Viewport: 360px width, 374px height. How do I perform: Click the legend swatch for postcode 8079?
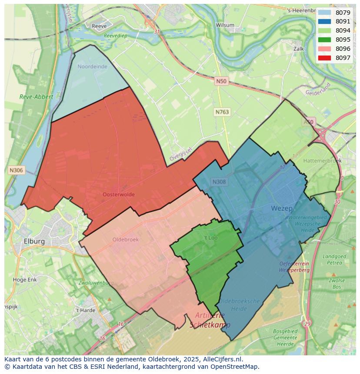point(324,13)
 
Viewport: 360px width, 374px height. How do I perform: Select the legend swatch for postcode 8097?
point(324,58)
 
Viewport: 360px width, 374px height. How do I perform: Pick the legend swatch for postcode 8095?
point(324,40)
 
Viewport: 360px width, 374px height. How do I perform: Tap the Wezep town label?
point(281,209)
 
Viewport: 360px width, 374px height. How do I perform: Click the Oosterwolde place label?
point(119,195)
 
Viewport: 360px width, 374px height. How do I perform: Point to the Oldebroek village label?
point(125,239)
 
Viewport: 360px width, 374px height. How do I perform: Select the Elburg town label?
point(34,241)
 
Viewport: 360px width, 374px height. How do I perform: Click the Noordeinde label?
point(92,66)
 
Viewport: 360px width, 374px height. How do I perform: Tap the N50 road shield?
point(221,81)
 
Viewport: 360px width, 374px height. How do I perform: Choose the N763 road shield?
point(222,112)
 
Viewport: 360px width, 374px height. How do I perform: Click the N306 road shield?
point(16,170)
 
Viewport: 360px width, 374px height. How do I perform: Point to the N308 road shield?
point(219,182)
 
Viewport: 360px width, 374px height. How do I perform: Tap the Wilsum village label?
point(226,25)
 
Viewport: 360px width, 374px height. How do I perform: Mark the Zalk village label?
point(299,49)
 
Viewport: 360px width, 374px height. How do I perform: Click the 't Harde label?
point(85,310)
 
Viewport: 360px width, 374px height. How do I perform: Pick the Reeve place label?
point(99,26)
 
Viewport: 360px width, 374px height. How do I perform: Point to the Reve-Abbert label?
point(37,97)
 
